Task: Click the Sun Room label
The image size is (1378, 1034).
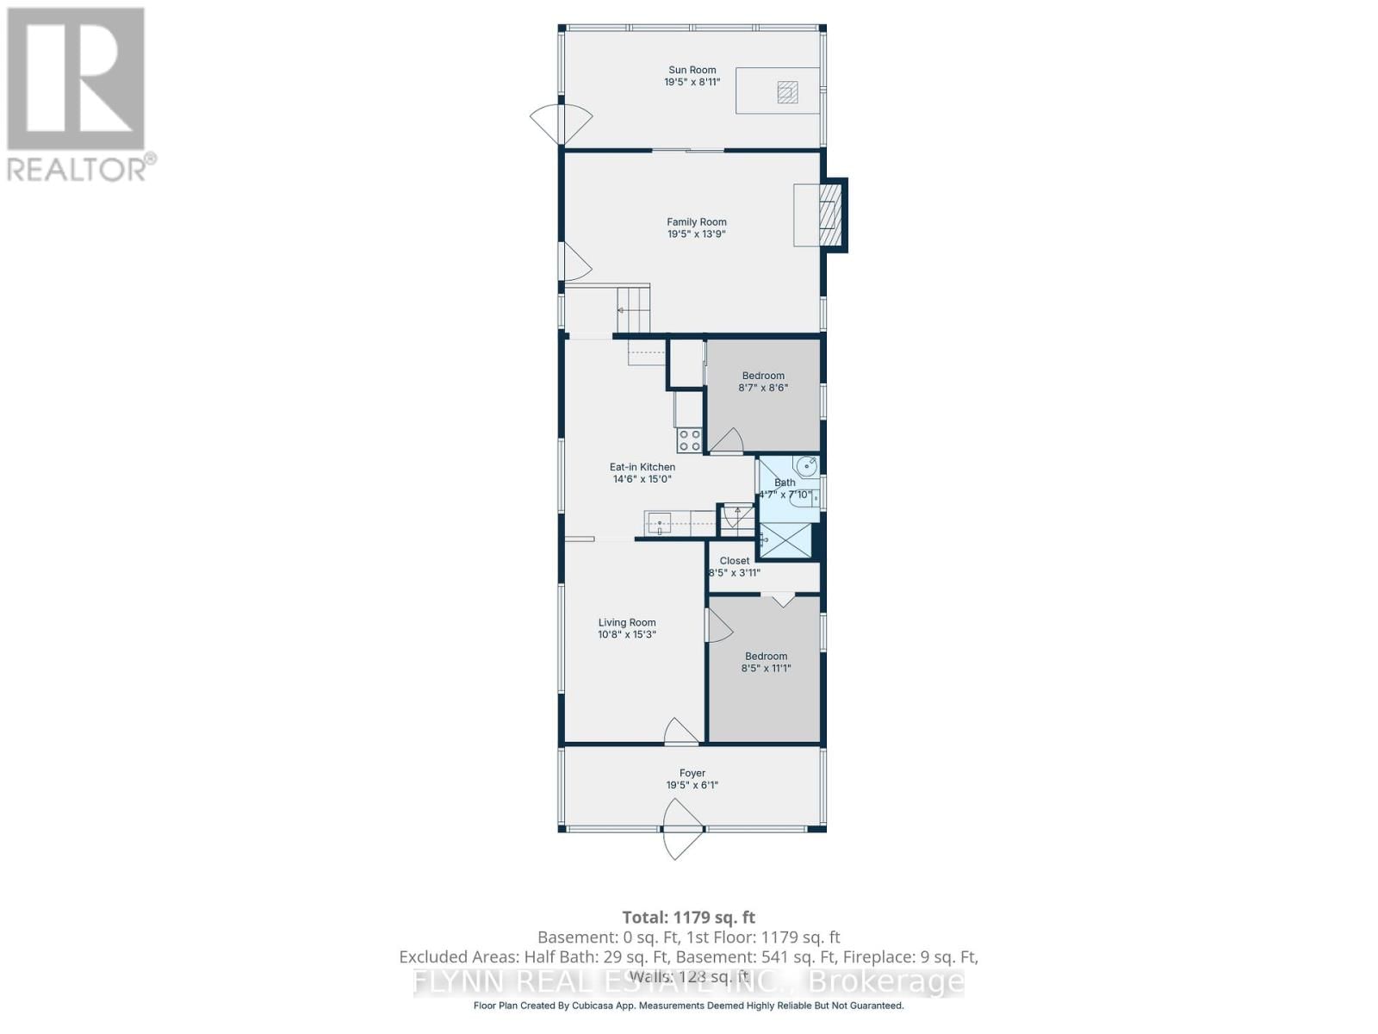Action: [x=692, y=70]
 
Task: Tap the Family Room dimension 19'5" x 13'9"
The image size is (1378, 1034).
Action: [x=696, y=234]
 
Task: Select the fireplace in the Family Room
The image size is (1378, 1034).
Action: [x=829, y=215]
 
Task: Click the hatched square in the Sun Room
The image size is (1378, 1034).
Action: [x=787, y=91]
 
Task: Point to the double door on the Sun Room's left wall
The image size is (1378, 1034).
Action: [x=561, y=124]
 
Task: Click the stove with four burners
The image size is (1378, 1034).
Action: [x=689, y=440]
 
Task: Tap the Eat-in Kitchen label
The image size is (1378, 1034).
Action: [x=642, y=467]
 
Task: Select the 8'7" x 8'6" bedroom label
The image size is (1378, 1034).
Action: [x=763, y=376]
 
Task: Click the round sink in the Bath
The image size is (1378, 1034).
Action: [x=807, y=466]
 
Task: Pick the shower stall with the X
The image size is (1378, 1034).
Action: [x=785, y=541]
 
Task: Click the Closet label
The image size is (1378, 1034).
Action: [x=735, y=561]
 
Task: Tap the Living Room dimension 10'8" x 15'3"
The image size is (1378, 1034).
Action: [x=627, y=635]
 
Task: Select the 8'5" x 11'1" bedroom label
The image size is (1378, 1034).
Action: [x=766, y=657]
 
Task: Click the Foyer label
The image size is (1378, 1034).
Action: [x=692, y=774]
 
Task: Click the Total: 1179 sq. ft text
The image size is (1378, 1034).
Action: [x=688, y=917]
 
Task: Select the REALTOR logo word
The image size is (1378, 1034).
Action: [x=78, y=167]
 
